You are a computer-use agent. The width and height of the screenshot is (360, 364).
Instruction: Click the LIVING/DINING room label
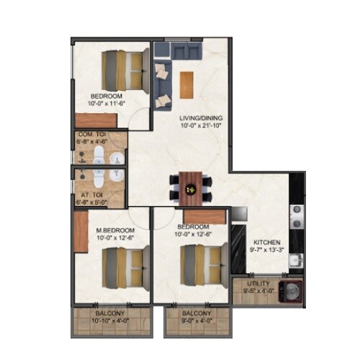click(201, 117)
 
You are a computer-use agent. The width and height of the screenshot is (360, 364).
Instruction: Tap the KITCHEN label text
click(266, 243)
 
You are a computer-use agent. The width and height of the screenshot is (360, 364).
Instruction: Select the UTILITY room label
click(258, 284)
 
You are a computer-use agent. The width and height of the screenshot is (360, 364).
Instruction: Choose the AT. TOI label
click(90, 195)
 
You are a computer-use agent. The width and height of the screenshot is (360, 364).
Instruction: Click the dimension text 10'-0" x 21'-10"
click(201, 125)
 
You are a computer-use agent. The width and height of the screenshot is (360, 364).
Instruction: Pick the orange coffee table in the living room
click(188, 84)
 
